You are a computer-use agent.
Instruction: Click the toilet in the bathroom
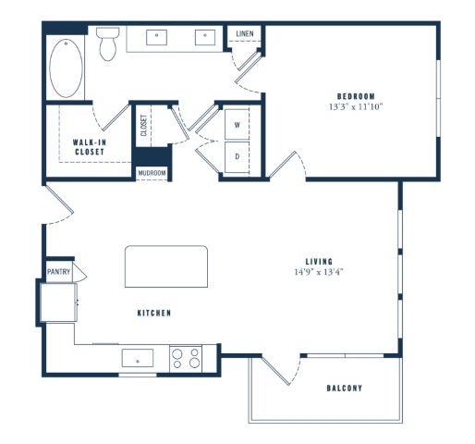pyautogui.click(x=108, y=44)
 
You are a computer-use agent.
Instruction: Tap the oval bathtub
pyautogui.click(x=66, y=68)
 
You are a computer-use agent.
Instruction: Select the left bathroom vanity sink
pyautogui.click(x=156, y=38)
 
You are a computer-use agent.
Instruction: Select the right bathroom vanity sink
pyautogui.click(x=205, y=38)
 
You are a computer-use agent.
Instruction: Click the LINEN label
pyautogui.click(x=245, y=33)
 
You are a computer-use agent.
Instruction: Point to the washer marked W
pyautogui.click(x=237, y=125)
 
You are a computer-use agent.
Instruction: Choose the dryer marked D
pyautogui.click(x=237, y=157)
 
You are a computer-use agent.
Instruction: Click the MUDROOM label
pyautogui.click(x=152, y=173)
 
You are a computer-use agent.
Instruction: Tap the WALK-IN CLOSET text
pyautogui.click(x=90, y=147)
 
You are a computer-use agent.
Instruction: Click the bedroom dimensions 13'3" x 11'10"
pyautogui.click(x=356, y=107)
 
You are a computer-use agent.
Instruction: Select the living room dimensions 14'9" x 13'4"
pyautogui.click(x=319, y=272)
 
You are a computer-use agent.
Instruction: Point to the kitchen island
pyautogui.click(x=166, y=266)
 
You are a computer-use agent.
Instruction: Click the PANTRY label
pyautogui.click(x=58, y=272)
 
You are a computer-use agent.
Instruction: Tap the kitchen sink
pyautogui.click(x=138, y=358)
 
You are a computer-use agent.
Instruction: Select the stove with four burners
pyautogui.click(x=186, y=359)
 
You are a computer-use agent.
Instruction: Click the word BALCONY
pyautogui.click(x=345, y=388)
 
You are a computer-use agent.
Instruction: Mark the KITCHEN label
pyautogui.click(x=154, y=313)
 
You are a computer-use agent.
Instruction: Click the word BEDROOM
pyautogui.click(x=356, y=96)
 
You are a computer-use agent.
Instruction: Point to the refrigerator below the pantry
pyautogui.click(x=58, y=302)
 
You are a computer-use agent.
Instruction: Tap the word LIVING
pyautogui.click(x=319, y=262)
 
